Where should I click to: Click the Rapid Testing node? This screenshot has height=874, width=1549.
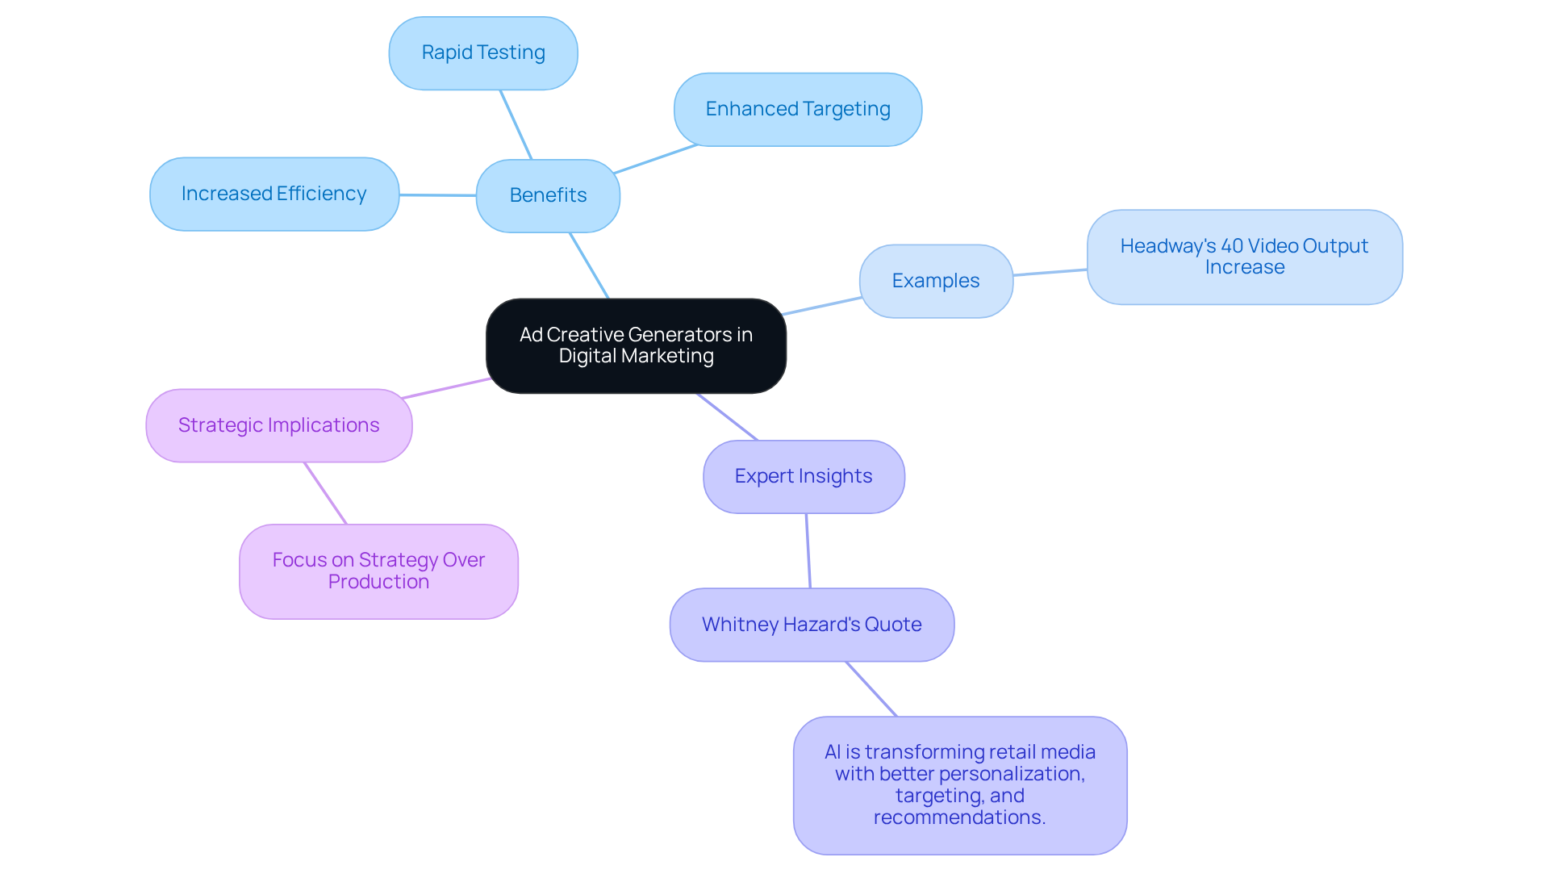(483, 53)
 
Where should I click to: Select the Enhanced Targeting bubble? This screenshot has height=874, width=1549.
(798, 110)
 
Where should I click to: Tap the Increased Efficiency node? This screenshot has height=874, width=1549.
(274, 194)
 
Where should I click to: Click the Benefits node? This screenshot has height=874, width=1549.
(548, 196)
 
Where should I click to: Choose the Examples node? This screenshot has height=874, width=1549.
(936, 282)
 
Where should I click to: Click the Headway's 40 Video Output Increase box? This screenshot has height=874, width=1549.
(1244, 257)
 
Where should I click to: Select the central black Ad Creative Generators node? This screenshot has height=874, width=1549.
(636, 346)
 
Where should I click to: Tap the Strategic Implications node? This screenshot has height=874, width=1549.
(279, 426)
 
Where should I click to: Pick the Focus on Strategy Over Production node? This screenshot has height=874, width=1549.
(378, 572)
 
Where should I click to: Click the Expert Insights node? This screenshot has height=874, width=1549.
(804, 477)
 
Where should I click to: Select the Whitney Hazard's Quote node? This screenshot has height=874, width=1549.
(812, 625)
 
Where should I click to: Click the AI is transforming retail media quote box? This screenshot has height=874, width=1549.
(960, 785)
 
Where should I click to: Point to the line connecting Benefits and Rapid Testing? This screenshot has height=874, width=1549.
(516, 125)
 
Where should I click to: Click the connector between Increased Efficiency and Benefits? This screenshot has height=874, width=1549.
(437, 195)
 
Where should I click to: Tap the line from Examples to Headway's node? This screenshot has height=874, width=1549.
(1050, 273)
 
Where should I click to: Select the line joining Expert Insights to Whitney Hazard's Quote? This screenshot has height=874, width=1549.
(808, 551)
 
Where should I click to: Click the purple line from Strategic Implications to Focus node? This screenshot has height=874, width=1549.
(326, 494)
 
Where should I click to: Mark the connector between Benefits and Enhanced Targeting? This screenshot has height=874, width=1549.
(655, 160)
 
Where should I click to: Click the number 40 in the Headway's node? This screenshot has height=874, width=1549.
(1232, 246)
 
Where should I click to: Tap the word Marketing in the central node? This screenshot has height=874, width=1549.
(667, 357)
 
